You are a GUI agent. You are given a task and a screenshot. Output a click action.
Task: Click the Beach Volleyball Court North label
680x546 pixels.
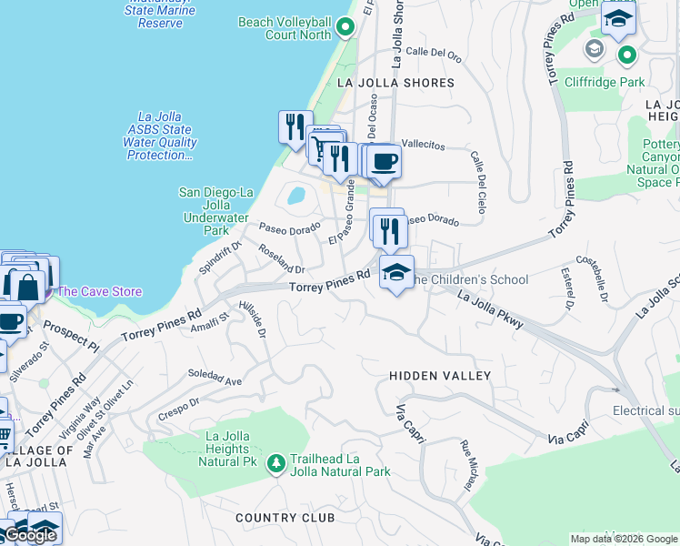point(284,28)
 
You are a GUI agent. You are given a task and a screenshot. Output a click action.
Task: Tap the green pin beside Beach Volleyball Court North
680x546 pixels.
point(345,28)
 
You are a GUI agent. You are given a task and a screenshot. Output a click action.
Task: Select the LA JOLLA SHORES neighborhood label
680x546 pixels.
point(395,83)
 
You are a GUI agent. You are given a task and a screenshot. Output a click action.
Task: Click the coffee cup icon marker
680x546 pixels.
point(385,162)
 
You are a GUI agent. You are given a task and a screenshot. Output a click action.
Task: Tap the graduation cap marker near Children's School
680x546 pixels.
point(395,272)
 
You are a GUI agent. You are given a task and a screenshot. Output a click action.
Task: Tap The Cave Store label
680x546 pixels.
point(100,291)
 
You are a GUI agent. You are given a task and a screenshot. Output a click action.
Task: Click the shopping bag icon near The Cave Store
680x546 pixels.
point(27,286)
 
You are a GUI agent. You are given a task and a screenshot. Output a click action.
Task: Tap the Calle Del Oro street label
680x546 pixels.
point(434,52)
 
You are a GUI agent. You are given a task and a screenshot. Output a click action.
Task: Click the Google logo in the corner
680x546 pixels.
point(29,535)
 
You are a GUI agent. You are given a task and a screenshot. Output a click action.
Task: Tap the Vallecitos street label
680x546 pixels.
point(424,145)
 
